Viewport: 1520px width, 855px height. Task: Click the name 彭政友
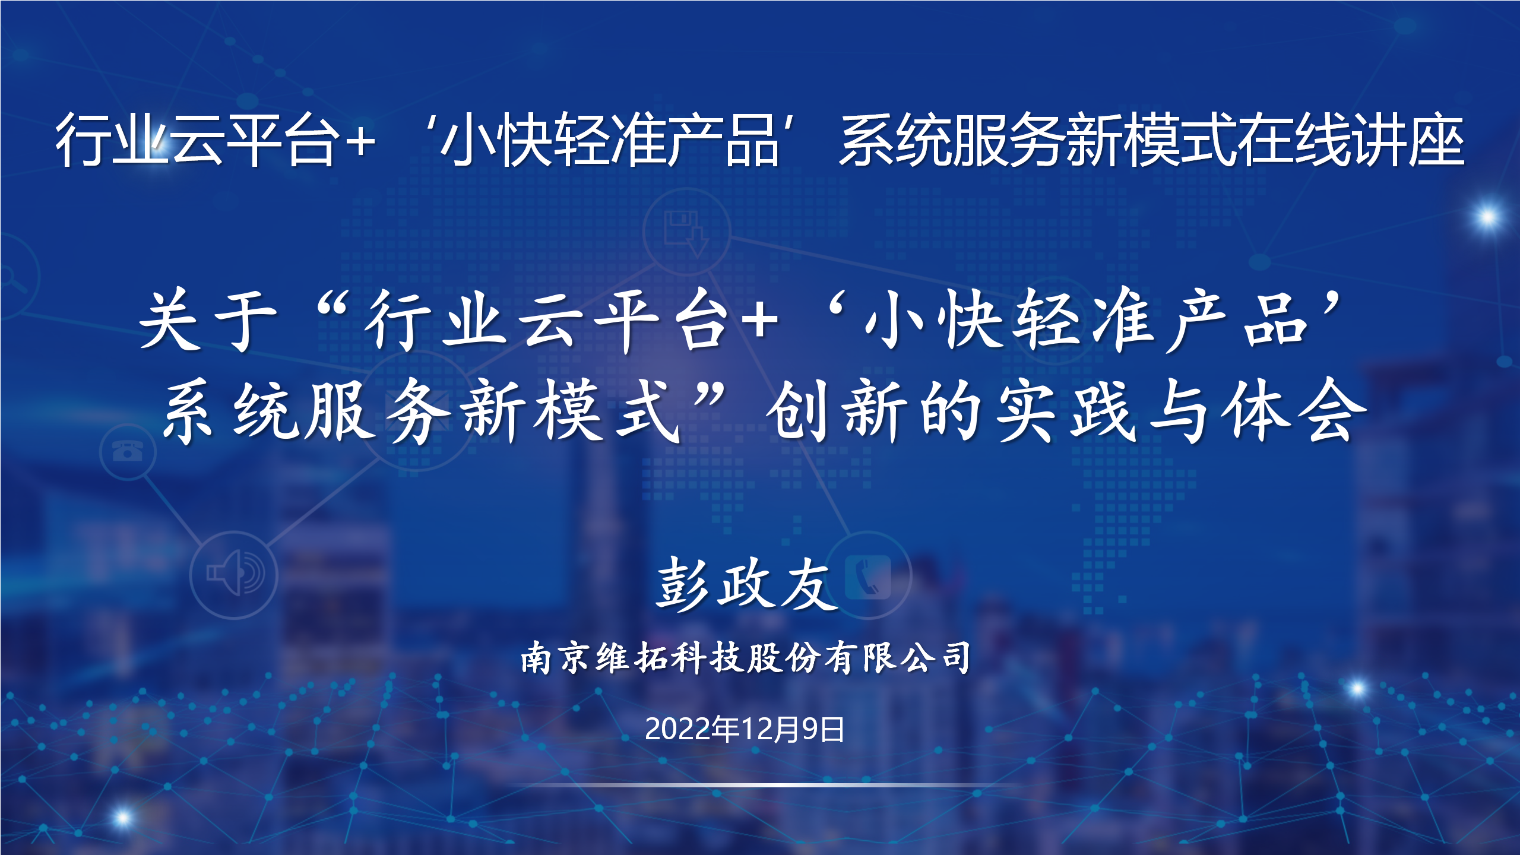tap(747, 585)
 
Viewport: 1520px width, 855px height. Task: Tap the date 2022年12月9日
tap(745, 729)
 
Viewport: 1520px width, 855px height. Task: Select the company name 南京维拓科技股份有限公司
tap(746, 658)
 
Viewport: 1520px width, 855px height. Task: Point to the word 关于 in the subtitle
tap(208, 320)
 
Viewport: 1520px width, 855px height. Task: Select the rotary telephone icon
tap(128, 451)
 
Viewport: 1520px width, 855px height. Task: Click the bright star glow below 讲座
tap(1487, 216)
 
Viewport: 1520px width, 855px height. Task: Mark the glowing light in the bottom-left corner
tap(122, 818)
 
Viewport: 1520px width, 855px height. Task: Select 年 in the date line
tap(726, 729)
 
